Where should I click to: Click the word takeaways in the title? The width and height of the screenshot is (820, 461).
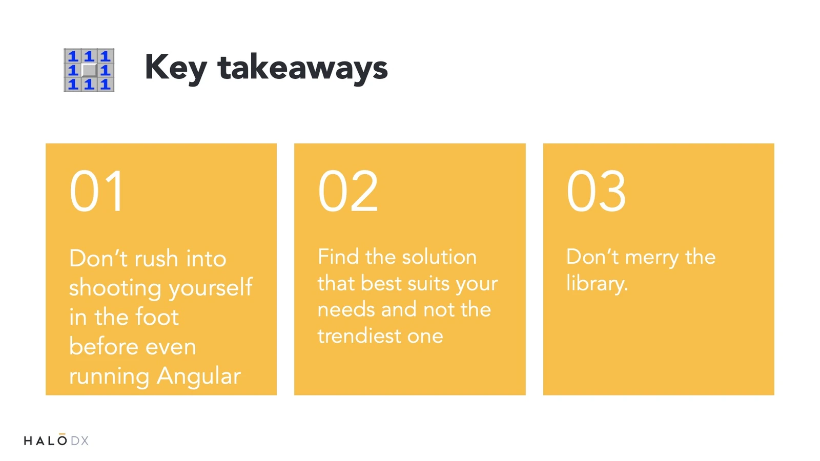tap(302, 67)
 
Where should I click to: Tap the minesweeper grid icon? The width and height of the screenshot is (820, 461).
tap(89, 70)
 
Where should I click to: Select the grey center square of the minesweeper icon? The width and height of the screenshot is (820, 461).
tap(89, 70)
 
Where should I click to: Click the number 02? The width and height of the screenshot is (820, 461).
tap(348, 191)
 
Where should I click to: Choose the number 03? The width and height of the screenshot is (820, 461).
tap(596, 191)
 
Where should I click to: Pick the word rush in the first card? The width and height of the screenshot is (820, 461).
tap(156, 258)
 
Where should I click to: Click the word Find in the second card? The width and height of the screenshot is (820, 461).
tap(338, 257)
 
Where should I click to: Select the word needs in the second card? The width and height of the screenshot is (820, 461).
tap(346, 310)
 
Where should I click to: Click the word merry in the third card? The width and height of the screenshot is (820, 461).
tap(652, 258)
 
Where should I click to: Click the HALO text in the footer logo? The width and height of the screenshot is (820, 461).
tap(46, 440)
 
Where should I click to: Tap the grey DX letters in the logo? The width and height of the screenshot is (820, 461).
tap(79, 441)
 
